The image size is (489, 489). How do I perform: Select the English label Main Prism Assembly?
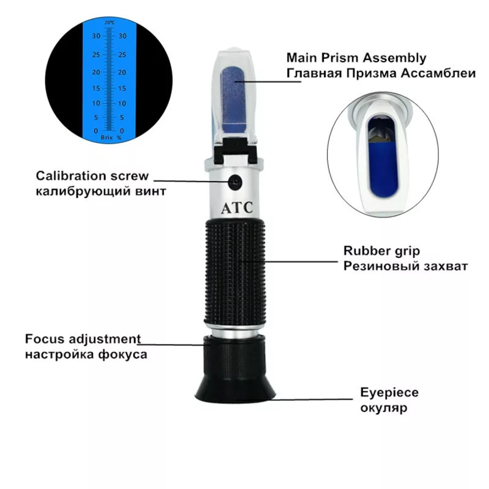pos(356,58)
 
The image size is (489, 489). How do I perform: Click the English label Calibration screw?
pos(92,176)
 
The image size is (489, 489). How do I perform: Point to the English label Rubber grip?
pos(381,250)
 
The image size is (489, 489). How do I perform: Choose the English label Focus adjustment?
pos(83,339)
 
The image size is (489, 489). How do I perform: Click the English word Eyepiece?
pos(389,392)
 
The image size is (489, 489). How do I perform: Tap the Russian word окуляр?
pos(383,407)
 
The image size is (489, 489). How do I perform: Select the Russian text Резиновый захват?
pos(405,266)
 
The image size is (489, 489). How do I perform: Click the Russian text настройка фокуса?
pos(86,354)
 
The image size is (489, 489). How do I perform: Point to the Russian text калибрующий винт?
pos(101,191)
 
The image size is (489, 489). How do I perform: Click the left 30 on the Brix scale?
pos(96,36)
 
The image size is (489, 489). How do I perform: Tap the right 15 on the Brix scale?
pos(122,88)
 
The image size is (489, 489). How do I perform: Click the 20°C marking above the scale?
pos(109,23)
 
